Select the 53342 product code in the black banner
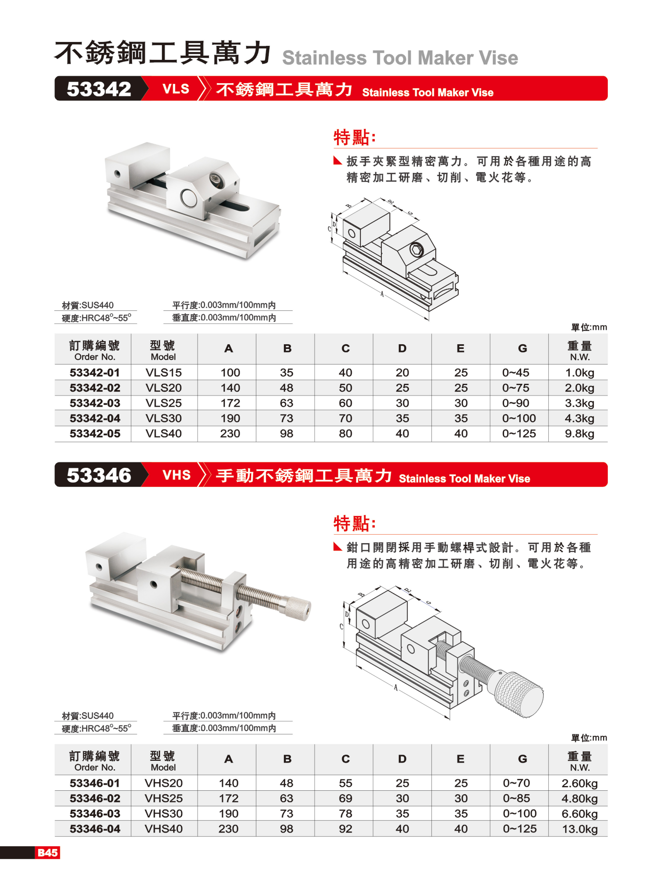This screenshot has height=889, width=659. point(99,89)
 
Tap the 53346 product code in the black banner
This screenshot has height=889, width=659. point(99,475)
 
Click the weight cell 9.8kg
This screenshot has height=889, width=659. point(579,434)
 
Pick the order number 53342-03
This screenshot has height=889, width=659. point(95,403)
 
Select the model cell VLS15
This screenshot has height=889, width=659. point(164,372)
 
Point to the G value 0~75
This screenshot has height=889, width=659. point(516,388)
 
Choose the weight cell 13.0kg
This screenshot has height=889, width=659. point(580,829)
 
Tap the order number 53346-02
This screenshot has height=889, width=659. point(95,798)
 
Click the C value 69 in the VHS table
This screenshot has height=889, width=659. point(346,798)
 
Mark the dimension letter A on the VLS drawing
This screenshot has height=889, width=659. point(382,294)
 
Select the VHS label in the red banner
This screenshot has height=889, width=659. point(177,475)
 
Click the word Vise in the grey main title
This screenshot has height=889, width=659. point(499,58)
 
